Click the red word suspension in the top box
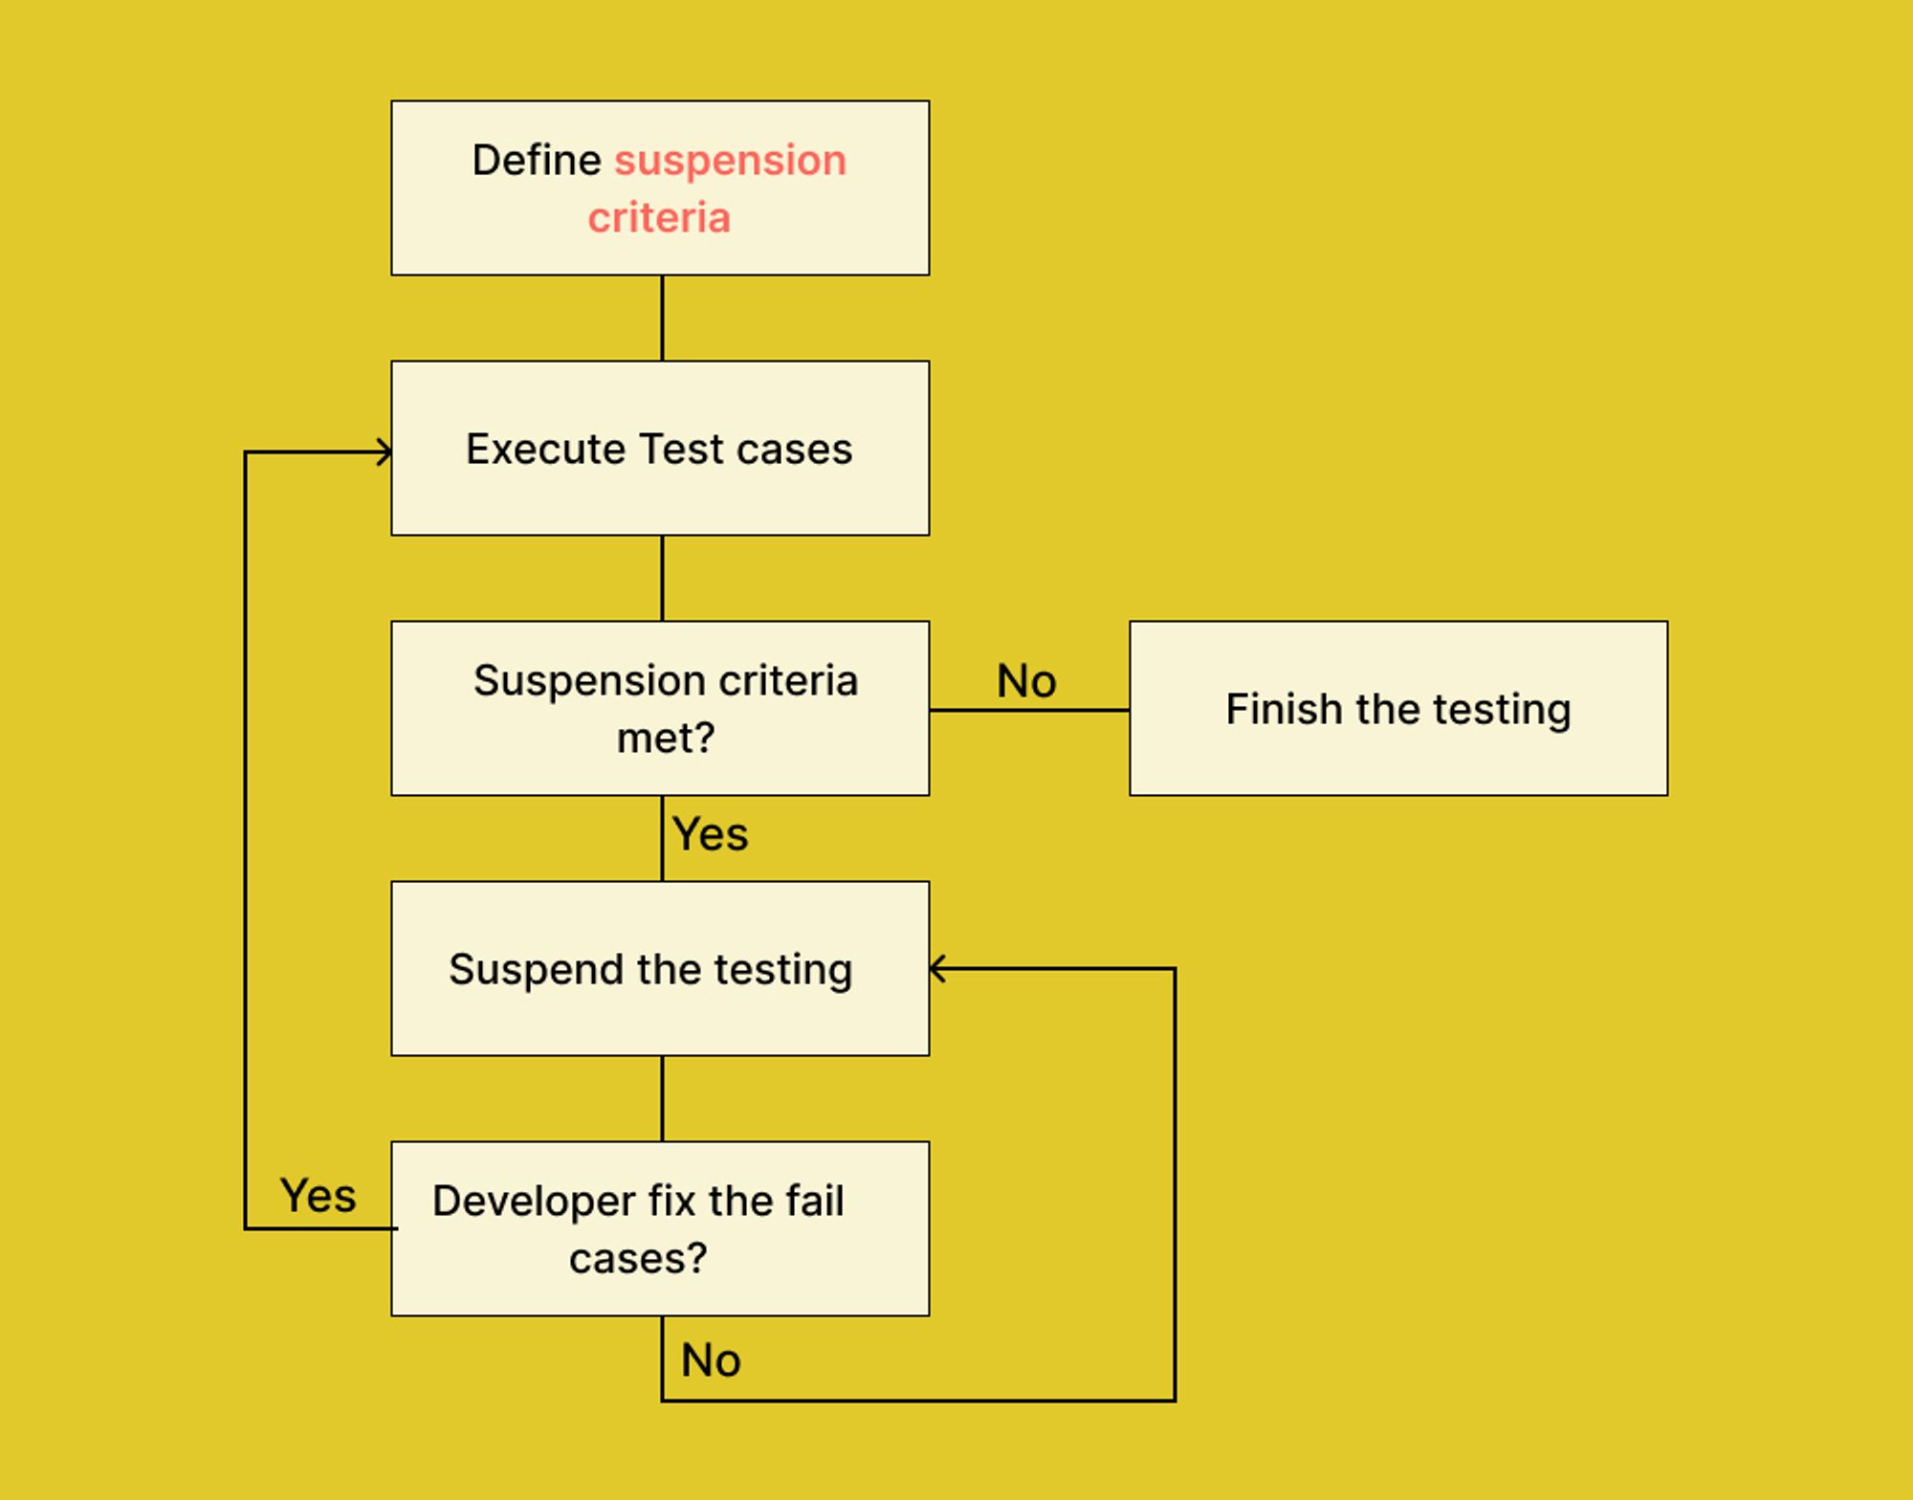[730, 161]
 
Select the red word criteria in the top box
[659, 218]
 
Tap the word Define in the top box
[537, 160]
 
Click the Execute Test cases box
[660, 448]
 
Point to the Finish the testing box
[1397, 708]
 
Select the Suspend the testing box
[660, 968]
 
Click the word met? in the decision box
[666, 738]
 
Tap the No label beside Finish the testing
[1026, 681]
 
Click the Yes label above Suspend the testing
[710, 834]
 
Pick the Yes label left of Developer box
[318, 1196]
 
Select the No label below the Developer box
[711, 1359]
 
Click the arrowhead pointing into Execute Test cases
[385, 452]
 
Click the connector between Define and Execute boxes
[662, 318]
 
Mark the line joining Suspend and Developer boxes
[662, 1098]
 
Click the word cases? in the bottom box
[638, 1258]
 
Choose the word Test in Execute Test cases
[680, 449]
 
